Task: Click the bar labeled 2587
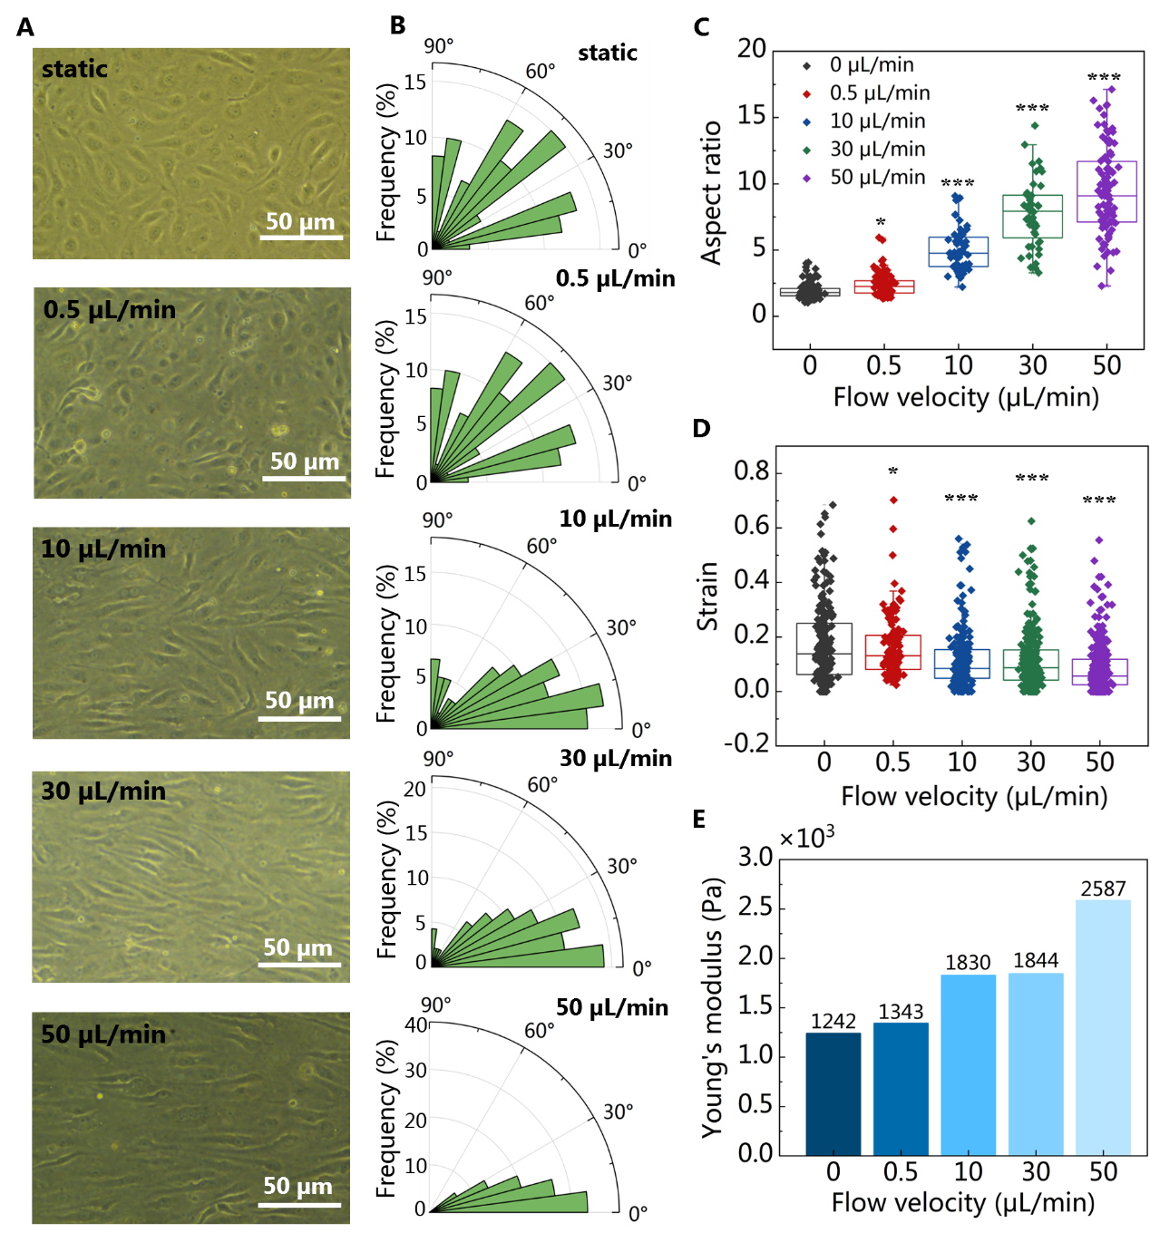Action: pos(1103,1026)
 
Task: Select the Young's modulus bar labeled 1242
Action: pos(833,1092)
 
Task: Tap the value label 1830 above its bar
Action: pos(968,963)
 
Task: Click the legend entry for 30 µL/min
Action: pos(877,149)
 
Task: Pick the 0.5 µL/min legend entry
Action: pos(879,92)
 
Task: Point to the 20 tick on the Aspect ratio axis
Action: pos(752,49)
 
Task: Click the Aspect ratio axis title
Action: pos(712,192)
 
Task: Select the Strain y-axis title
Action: pos(707,596)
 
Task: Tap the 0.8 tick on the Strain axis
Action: pos(751,471)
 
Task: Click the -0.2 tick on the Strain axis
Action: pos(746,743)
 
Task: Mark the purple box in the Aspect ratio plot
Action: pos(1106,191)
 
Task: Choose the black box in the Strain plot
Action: pos(824,648)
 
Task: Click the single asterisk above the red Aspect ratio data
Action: pos(881,223)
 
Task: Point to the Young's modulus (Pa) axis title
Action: pos(713,1006)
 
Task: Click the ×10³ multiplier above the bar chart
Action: pos(806,838)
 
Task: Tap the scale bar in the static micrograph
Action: pos(301,238)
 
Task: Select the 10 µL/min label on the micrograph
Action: pos(103,549)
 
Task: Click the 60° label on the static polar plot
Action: pos(541,72)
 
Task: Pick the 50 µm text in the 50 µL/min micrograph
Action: pos(297,1186)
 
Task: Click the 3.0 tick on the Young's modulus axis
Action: pos(755,857)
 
